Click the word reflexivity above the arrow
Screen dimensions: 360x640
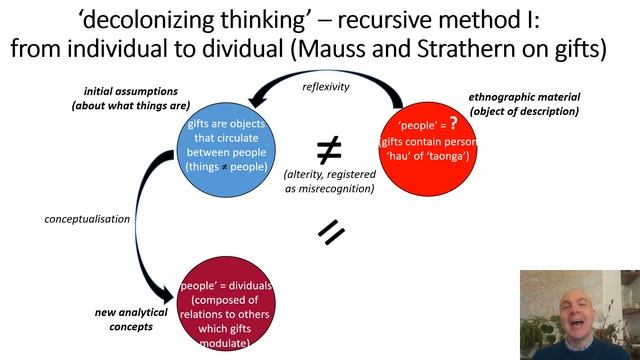(327, 86)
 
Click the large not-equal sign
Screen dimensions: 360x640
(329, 150)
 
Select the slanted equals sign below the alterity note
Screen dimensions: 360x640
(331, 232)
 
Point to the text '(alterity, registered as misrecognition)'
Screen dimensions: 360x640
(329, 181)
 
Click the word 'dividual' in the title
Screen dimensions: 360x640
(296, 47)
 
